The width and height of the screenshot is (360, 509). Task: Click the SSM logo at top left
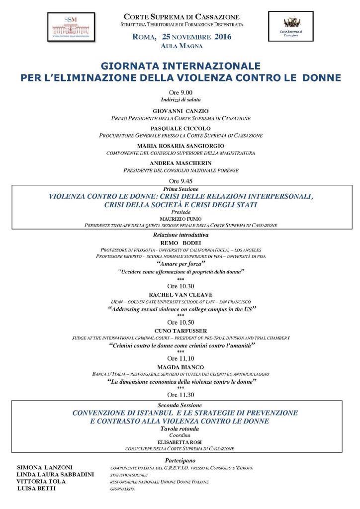click(x=73, y=26)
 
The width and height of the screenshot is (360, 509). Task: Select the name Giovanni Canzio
click(x=180, y=110)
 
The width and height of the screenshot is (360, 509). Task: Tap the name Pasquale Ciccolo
click(x=180, y=128)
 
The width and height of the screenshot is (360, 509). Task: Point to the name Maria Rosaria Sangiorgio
click(x=180, y=145)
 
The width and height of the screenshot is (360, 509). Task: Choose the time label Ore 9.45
click(x=180, y=181)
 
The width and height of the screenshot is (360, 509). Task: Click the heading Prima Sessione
click(x=180, y=189)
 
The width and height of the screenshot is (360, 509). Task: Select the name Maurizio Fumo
click(x=180, y=218)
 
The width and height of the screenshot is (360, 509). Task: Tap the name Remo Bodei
click(x=180, y=242)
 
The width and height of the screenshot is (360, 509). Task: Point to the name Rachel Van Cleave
click(x=180, y=294)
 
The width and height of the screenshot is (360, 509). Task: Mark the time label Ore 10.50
click(x=180, y=323)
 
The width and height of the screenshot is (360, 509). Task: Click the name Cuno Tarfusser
click(x=180, y=330)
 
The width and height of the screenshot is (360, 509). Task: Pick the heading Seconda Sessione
click(x=180, y=405)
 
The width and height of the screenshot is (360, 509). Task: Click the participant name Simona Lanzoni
click(x=46, y=468)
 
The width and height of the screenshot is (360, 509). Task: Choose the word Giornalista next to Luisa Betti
click(x=122, y=489)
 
